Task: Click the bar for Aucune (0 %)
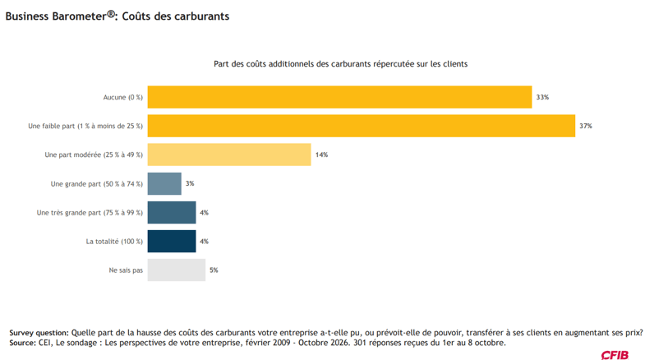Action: pos(339,97)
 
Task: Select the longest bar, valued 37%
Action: pos(362,126)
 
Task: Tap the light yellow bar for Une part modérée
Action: pos(229,155)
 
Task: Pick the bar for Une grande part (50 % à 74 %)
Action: pos(164,183)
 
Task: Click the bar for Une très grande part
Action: pos(172,212)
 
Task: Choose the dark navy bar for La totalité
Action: pos(172,241)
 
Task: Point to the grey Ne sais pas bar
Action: pos(177,270)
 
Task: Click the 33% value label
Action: pos(542,97)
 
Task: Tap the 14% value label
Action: pos(321,155)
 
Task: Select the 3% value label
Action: pos(190,183)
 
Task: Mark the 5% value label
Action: pos(214,270)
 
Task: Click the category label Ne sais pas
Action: pos(126,270)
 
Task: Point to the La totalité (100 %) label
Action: pos(114,242)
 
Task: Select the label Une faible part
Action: pos(52,126)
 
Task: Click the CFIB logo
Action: pos(615,355)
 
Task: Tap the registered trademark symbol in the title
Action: pos(111,14)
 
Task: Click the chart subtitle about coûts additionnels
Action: pos(341,64)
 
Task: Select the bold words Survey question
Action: pos(39,333)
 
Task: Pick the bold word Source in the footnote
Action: pos(23,343)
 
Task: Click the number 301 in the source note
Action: pos(360,343)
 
